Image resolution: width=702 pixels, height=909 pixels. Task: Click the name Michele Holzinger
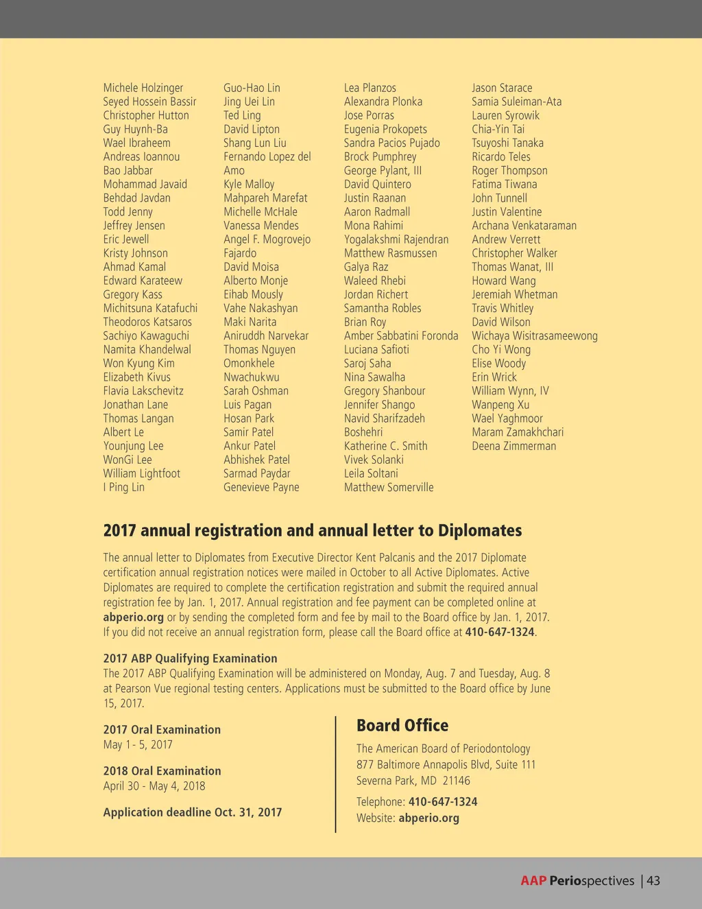tap(143, 88)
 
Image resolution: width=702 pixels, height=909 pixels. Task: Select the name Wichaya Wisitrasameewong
tap(535, 335)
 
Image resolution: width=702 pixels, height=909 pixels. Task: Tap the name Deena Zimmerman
tap(513, 446)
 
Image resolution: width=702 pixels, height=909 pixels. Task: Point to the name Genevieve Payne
tap(261, 487)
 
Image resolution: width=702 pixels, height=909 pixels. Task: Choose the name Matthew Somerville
tap(389, 487)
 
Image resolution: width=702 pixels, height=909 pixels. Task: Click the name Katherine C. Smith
tap(385, 446)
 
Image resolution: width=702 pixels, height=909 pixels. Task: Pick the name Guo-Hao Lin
tap(252, 88)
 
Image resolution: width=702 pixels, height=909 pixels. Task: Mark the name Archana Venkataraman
tap(524, 226)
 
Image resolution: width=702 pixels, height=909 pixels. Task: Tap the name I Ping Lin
tap(124, 487)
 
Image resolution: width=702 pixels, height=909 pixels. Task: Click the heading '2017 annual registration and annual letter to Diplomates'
tap(313, 530)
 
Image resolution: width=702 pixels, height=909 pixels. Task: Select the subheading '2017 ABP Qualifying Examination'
tap(191, 658)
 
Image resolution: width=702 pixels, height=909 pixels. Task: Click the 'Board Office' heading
tap(402, 725)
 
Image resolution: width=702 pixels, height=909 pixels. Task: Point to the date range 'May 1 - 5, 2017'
tap(138, 744)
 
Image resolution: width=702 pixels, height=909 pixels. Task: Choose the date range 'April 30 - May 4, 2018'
tap(154, 786)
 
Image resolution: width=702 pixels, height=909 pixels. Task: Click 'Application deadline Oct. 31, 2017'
tap(193, 812)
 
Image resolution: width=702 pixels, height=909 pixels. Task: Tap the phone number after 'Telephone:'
tap(443, 801)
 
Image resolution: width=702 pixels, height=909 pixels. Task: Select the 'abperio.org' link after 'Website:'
tap(428, 818)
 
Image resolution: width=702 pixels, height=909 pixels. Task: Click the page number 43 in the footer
tap(653, 881)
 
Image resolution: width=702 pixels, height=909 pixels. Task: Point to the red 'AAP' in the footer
tap(533, 881)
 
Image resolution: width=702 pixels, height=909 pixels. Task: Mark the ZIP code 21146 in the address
tap(456, 781)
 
